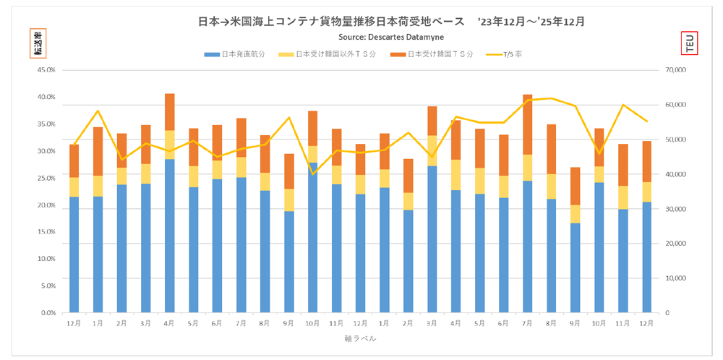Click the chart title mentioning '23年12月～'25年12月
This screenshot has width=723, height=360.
point(391,22)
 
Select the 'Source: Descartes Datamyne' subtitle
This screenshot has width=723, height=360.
point(391,36)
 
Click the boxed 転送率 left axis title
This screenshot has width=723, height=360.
point(37,43)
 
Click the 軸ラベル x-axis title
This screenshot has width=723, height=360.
point(361,338)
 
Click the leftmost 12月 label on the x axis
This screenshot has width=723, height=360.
point(74,324)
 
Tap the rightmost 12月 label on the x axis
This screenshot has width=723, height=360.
point(646,324)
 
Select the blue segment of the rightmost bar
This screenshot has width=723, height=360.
point(646,257)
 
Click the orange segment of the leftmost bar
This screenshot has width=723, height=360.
point(74,160)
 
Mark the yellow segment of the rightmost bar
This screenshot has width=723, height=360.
point(646,192)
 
